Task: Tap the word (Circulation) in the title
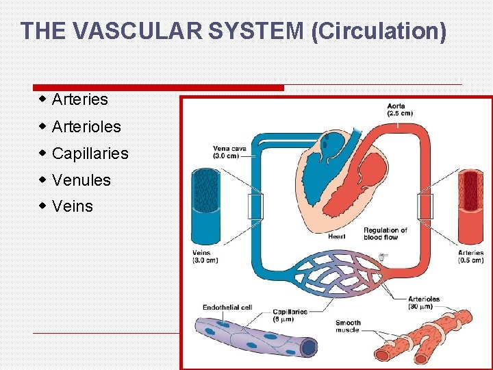378,32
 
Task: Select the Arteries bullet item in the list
79,99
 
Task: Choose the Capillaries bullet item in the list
90,153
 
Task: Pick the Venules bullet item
81,180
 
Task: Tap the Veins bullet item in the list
72,206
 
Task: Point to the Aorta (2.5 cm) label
400,110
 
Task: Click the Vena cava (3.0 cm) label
230,151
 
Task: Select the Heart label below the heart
336,236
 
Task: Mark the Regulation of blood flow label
385,234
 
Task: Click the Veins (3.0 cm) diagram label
205,256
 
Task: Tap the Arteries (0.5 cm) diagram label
470,256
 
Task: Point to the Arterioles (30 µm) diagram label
424,302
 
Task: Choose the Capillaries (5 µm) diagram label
290,315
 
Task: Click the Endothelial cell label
227,308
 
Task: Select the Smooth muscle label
348,326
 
